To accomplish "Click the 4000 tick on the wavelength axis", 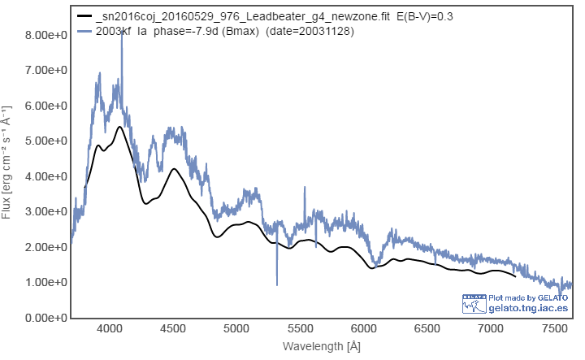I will tap(109, 329).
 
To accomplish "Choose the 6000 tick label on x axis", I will tap(363, 329).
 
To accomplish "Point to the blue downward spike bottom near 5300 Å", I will tap(277, 284).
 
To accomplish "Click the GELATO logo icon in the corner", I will tap(474, 302).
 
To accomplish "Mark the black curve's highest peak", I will tap(119, 127).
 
